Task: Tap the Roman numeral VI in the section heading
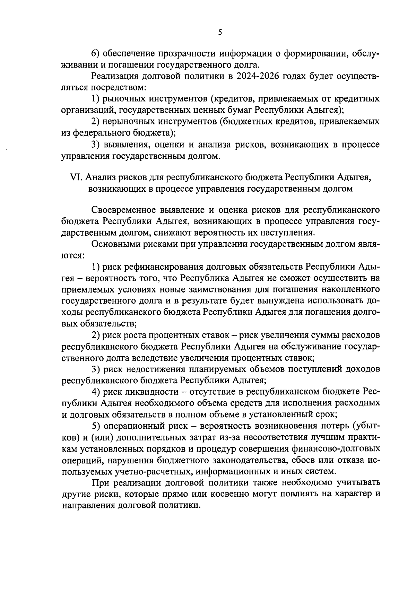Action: tap(76, 177)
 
